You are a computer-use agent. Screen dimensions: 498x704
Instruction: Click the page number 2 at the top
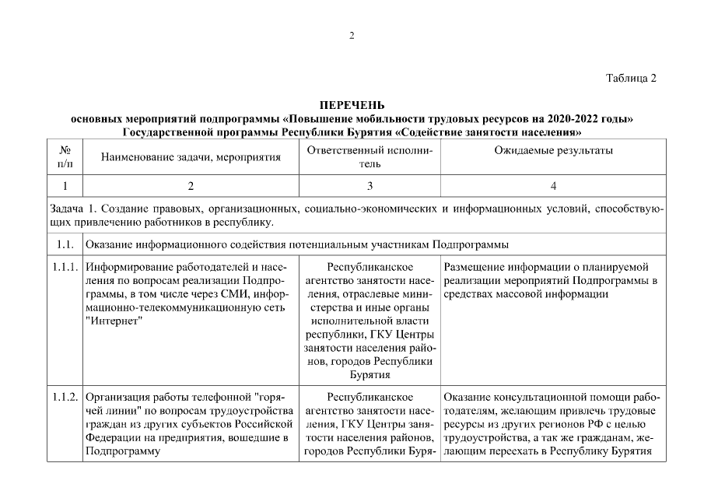click(352, 36)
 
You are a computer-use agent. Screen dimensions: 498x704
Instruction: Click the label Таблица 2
click(631, 78)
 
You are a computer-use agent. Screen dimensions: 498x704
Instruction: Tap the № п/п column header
click(65, 156)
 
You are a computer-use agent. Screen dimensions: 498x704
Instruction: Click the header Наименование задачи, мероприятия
click(191, 157)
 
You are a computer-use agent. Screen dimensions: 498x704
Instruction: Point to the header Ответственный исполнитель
click(370, 156)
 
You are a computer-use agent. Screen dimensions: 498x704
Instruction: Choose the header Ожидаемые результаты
click(553, 150)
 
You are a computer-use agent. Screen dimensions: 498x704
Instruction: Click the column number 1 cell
click(65, 186)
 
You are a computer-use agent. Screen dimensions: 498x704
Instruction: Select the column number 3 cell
click(370, 186)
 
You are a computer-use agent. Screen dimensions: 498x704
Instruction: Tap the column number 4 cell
click(553, 186)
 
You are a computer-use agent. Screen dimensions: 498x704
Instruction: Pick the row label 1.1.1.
click(65, 268)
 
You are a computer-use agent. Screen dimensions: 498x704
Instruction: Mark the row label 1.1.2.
click(65, 397)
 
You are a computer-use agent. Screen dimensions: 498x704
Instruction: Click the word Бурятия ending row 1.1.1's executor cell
click(370, 375)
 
